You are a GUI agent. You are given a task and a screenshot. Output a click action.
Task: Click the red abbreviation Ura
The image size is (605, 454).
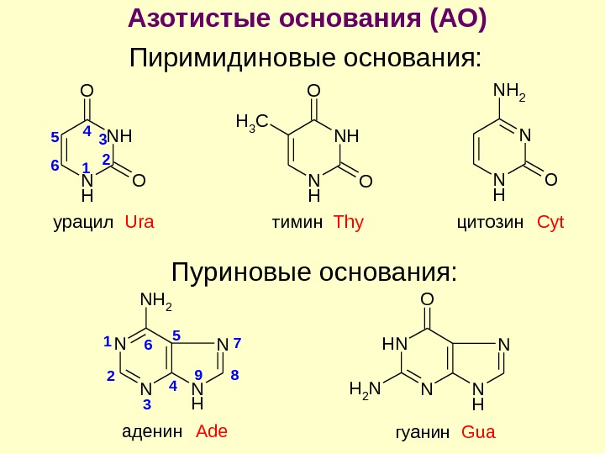140,223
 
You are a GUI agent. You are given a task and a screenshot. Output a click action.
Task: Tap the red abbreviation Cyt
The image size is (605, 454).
550,223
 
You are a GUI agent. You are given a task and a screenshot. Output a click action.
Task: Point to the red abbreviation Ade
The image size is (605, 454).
212,432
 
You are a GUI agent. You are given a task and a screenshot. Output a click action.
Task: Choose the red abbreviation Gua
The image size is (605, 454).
479,434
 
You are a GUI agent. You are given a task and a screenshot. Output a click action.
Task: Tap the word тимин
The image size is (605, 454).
297,223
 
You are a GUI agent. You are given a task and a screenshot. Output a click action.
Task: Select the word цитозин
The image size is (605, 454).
490,223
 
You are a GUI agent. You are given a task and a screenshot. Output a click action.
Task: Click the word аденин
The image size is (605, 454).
152,432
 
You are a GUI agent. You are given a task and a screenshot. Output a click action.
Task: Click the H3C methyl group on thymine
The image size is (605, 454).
250,124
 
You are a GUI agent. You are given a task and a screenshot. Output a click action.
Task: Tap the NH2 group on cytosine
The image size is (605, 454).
508,87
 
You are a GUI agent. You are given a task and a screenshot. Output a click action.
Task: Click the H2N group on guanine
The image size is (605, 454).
364,389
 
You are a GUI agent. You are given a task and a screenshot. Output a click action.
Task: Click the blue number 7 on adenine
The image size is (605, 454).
237,343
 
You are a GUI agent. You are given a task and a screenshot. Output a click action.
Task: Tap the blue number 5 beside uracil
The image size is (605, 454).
54,136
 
